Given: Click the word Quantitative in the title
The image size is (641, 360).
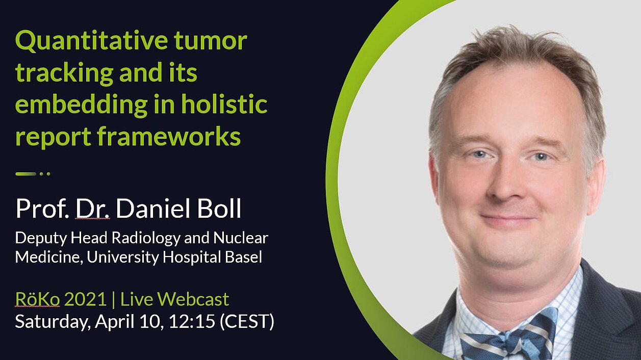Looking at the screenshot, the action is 91,41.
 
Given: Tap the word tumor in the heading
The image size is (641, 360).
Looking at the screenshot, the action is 211,41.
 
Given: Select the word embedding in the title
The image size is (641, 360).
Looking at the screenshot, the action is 81,105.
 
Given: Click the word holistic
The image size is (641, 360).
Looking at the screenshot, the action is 224,104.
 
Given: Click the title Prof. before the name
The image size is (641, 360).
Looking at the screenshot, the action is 42,208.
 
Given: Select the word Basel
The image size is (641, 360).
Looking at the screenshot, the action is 243,256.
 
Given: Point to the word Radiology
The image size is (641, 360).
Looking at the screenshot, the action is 146,239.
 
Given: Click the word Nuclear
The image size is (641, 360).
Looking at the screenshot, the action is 241,238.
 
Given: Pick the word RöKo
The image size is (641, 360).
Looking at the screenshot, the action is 38,299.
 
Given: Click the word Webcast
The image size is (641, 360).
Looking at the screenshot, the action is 193,299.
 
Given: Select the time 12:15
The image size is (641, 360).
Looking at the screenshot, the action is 192,321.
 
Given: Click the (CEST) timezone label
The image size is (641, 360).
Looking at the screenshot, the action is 247,322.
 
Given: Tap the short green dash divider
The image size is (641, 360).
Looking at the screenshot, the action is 26,174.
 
